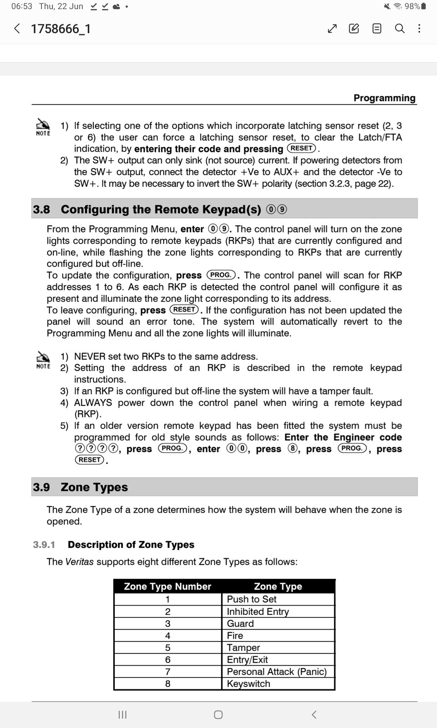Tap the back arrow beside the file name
pos(17,29)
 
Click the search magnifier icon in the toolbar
pos(400,29)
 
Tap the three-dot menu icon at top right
pos(419,29)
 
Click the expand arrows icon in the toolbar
pos(332,29)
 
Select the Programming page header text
pos(384,98)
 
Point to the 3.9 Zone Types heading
pos(81,487)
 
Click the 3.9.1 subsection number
pos(44,545)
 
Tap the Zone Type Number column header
pos(168,586)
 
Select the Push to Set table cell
pos(252,599)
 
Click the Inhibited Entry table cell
pos(258,612)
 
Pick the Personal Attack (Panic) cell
pos(277,672)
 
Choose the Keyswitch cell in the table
pos(249,683)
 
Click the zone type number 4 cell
pos(168,636)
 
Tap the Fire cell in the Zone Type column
pos(235,636)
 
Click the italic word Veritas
pos(80,561)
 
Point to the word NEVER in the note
pos(90,356)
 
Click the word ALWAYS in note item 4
pos(93,403)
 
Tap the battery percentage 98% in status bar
pos(412,6)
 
